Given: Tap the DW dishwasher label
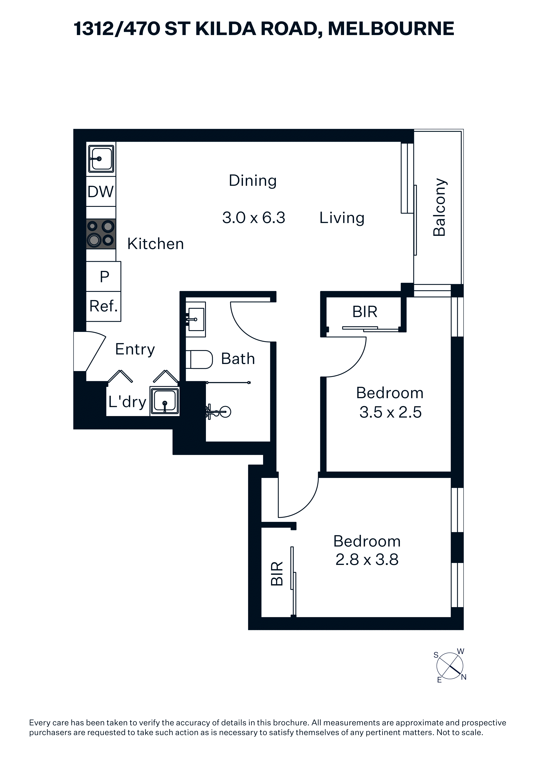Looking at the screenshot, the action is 101,192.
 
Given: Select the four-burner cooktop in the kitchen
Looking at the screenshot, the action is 101,234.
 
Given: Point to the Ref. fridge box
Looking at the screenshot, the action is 104,306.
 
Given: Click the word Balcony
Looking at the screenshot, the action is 439,207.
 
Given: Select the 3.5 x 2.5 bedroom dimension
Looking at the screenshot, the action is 390,412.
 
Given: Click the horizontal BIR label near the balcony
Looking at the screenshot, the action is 365,312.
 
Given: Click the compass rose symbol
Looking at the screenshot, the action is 450,666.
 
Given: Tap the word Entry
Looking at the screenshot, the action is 135,349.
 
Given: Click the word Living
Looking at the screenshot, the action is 342,218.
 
